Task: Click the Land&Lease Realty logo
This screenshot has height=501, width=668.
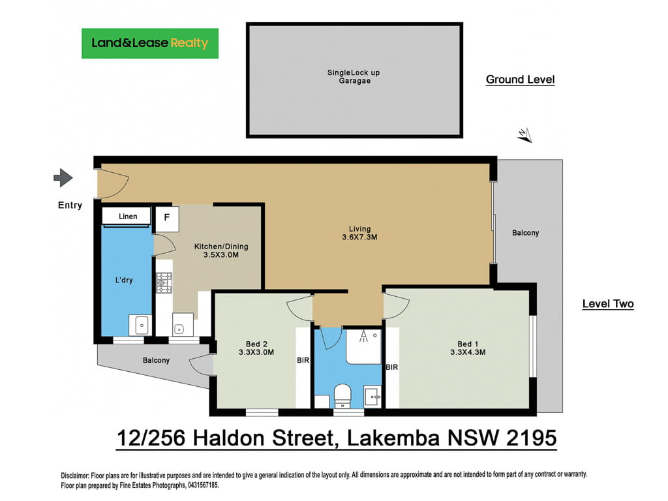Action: [150, 44]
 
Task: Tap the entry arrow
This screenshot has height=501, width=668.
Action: [63, 177]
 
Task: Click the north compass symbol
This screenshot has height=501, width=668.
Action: [525, 135]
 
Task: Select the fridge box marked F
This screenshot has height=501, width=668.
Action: [166, 219]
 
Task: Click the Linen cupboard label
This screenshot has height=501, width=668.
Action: [128, 217]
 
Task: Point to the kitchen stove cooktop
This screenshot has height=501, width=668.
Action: [164, 283]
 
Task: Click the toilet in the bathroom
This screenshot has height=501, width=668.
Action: [342, 396]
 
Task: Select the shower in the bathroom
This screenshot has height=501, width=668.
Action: [363, 346]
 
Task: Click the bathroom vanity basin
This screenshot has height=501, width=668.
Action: [372, 397]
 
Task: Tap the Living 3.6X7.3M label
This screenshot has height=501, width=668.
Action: [359, 233]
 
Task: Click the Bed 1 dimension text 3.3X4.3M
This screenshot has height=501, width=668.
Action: [468, 352]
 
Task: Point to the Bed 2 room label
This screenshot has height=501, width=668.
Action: [256, 344]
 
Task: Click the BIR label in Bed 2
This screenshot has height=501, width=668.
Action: [303, 360]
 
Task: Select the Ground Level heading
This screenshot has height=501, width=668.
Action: [520, 80]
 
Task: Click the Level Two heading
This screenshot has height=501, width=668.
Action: [608, 304]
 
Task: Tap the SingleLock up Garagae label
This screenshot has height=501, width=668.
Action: [354, 77]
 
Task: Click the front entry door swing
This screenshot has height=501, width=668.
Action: [113, 184]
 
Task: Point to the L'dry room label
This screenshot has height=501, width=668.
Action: [124, 281]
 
